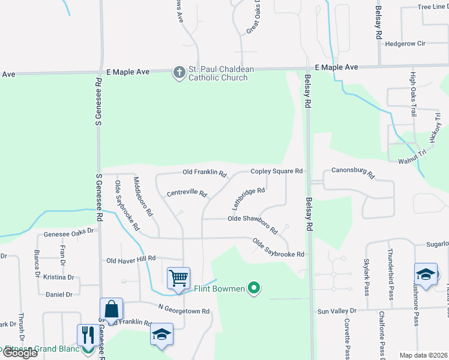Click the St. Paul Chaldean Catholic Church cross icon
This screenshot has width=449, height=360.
coord(178,73)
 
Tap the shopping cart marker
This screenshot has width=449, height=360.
coord(178,278)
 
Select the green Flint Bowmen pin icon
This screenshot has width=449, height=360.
coord(254,289)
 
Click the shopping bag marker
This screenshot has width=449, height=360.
coord(112,309)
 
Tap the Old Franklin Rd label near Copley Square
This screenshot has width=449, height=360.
coord(204,173)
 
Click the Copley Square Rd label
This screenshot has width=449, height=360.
coord(276,171)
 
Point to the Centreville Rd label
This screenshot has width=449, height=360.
coord(187,194)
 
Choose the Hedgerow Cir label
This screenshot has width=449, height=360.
coord(405,43)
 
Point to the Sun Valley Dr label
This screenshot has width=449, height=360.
coord(337,311)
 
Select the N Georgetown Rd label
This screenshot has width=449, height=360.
coord(184,311)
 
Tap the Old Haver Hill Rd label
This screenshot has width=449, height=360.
coord(131,260)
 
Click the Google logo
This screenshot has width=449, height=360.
coord(20,353)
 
